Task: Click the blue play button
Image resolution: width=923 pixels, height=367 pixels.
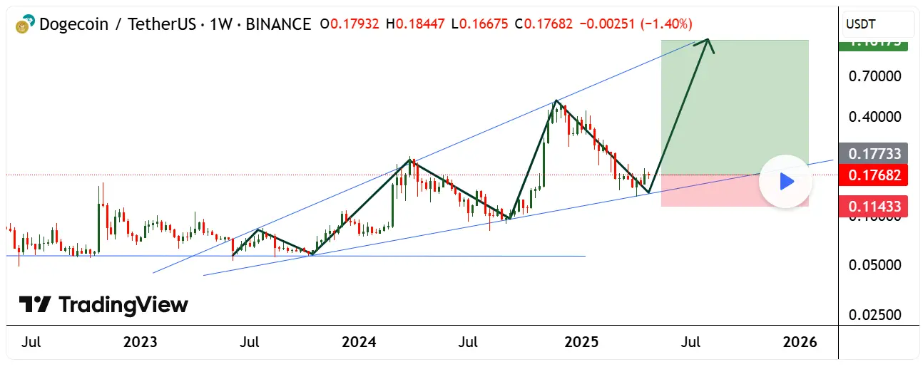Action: [786, 182]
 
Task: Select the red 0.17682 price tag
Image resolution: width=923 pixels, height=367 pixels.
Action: [874, 175]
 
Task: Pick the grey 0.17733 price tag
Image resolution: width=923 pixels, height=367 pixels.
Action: [874, 153]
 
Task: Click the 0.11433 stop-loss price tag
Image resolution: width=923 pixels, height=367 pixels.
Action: [874, 207]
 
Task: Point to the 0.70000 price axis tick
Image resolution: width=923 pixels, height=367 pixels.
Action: [874, 76]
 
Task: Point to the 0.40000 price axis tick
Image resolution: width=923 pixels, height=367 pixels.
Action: [874, 116]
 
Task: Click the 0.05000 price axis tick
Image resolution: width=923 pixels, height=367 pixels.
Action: [874, 265]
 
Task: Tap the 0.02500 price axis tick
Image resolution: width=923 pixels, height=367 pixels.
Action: [874, 314]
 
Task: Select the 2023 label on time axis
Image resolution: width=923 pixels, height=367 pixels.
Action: [140, 343]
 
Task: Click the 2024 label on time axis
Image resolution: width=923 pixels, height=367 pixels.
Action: [359, 343]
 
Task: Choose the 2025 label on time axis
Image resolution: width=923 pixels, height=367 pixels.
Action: [580, 343]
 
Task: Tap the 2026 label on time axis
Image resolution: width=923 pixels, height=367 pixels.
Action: [800, 343]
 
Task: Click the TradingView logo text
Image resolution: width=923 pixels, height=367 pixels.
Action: [123, 305]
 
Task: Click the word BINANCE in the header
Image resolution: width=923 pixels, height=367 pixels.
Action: [277, 24]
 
